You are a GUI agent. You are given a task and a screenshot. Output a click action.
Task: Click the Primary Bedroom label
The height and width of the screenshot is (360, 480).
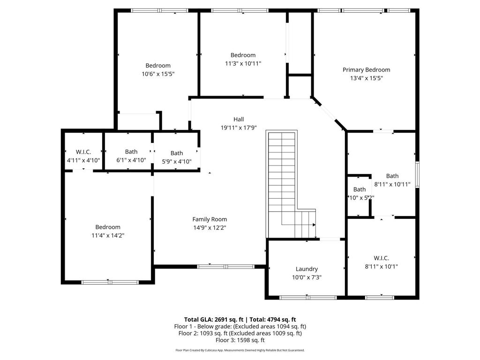pyautogui.click(x=366, y=70)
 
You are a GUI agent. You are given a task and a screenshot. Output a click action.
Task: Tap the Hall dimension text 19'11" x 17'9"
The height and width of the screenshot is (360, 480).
pyautogui.click(x=239, y=127)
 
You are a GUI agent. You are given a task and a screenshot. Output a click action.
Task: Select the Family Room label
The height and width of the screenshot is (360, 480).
pyautogui.click(x=210, y=219)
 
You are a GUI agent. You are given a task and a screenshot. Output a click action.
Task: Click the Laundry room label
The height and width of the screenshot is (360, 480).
pyautogui.click(x=307, y=269)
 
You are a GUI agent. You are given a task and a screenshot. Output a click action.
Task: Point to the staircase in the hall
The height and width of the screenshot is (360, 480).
pyautogui.click(x=282, y=183)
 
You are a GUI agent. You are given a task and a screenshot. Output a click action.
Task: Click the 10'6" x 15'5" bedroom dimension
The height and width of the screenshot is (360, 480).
pyautogui.click(x=158, y=74)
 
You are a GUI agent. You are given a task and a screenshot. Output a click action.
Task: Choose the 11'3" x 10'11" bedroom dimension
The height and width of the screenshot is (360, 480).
pyautogui.click(x=243, y=64)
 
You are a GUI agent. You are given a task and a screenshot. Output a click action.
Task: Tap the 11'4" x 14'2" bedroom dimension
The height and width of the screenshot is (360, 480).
pyautogui.click(x=108, y=235)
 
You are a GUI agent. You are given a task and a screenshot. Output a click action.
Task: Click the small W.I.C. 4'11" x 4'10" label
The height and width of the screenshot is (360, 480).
pyautogui.click(x=83, y=156)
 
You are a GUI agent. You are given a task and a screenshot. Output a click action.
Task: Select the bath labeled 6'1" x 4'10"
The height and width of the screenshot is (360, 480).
pyautogui.click(x=131, y=156)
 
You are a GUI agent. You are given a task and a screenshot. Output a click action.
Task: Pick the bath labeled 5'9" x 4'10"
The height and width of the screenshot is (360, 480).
pyautogui.click(x=177, y=157)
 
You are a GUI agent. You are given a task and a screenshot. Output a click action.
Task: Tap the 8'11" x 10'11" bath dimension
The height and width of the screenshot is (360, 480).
pyautogui.click(x=392, y=184)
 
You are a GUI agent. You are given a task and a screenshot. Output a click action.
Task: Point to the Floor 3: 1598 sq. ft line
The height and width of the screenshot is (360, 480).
pyautogui.click(x=240, y=340)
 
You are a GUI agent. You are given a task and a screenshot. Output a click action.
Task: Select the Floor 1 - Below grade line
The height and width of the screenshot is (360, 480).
pyautogui.click(x=240, y=326)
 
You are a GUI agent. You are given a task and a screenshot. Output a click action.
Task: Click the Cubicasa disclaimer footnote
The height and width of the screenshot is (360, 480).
pyautogui.click(x=240, y=350)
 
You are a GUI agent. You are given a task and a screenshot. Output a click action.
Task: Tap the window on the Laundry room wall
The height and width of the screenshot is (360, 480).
pyautogui.click(x=308, y=297)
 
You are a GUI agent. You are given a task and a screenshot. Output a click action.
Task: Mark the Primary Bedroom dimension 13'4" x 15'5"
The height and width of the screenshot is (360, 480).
pyautogui.click(x=366, y=78)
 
